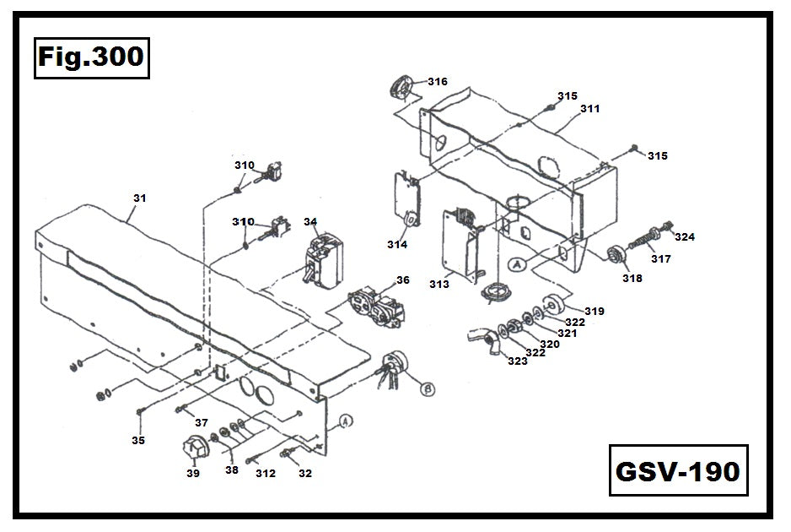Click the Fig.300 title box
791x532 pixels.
click(x=92, y=58)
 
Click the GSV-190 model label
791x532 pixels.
click(x=678, y=470)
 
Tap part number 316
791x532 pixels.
click(x=438, y=82)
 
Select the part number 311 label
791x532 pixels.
click(x=590, y=109)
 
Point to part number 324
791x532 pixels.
click(x=684, y=237)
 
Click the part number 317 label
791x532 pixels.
click(x=660, y=259)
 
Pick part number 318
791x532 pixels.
click(x=632, y=278)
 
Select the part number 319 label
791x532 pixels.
click(x=595, y=312)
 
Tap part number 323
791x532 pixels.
click(x=517, y=361)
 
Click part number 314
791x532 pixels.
click(x=397, y=244)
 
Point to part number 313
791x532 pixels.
click(x=439, y=284)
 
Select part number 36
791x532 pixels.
click(x=402, y=280)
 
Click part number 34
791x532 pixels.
click(x=310, y=222)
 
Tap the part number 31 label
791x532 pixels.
click(x=139, y=198)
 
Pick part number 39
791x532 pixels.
click(x=193, y=474)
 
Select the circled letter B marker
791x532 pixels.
click(x=428, y=389)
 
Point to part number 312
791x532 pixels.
click(x=266, y=474)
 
